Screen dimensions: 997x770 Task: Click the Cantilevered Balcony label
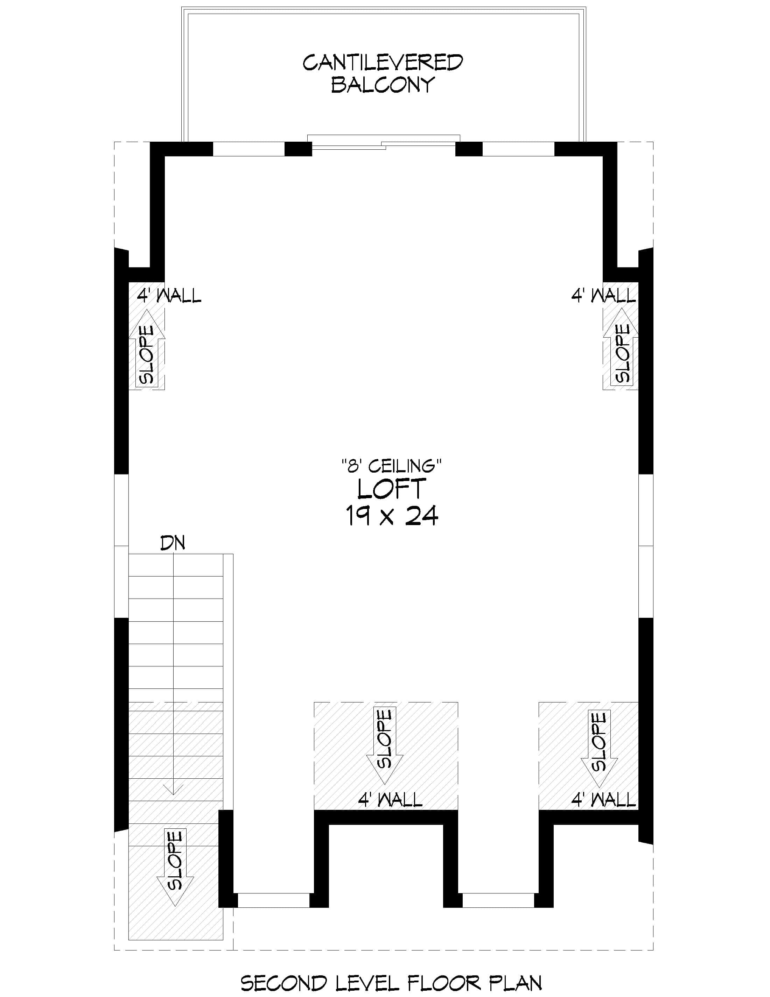383,73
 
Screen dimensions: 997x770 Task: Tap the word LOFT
391,489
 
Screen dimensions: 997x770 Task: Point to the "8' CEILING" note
391,466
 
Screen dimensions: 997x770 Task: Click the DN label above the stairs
173,543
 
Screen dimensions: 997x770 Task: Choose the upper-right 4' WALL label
603,296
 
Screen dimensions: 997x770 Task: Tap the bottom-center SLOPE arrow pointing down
385,744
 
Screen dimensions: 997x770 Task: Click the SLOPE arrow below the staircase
175,867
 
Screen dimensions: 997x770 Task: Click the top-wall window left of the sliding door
249,149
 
